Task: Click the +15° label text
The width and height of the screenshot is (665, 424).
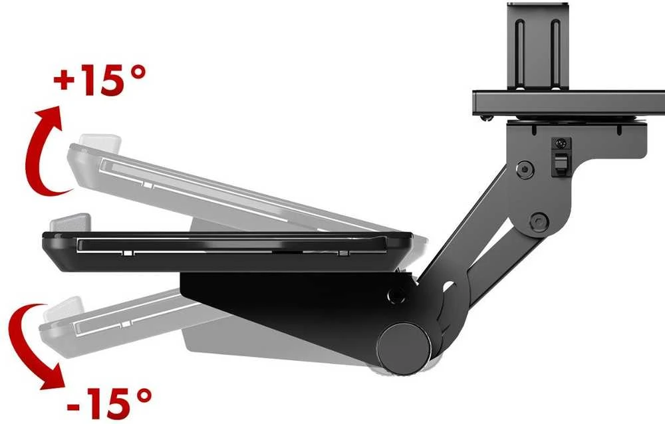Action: [100, 80]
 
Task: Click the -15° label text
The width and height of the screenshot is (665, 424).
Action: [109, 403]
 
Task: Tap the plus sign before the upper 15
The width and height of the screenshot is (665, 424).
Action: [65, 81]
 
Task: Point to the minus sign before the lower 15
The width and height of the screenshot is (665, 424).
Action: [73, 406]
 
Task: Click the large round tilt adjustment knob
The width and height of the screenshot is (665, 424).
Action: [404, 348]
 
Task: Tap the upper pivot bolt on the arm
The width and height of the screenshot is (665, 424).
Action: [525, 169]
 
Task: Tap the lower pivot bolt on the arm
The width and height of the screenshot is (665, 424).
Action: [539, 221]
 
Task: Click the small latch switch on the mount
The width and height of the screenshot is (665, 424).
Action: [560, 157]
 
